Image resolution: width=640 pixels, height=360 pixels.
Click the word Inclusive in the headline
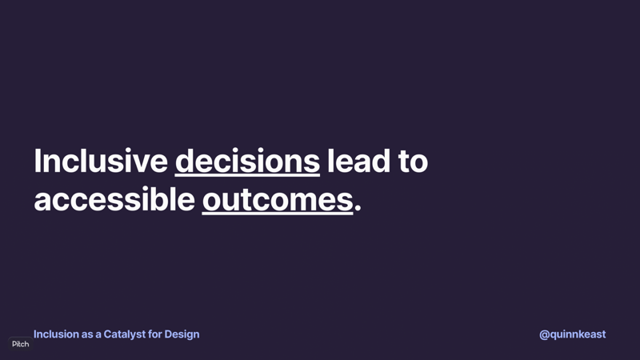pyautogui.click(x=101, y=161)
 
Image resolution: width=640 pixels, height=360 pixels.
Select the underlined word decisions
pyautogui.click(x=247, y=161)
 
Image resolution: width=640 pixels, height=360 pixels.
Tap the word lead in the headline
pyautogui.click(x=358, y=161)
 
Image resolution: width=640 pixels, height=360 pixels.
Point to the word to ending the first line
pyautogui.click(x=413, y=162)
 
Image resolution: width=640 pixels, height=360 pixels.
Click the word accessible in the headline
pyautogui.click(x=114, y=199)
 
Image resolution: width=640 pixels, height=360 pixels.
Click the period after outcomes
pyautogui.click(x=358, y=207)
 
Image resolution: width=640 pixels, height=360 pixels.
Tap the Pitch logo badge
pyautogui.click(x=21, y=344)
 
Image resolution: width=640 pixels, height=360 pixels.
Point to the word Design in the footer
pyautogui.click(x=182, y=334)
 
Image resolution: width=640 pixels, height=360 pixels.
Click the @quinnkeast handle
pyautogui.click(x=573, y=334)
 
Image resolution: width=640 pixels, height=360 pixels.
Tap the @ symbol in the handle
pyautogui.click(x=545, y=335)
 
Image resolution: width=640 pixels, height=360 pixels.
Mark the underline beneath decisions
pyautogui.click(x=247, y=175)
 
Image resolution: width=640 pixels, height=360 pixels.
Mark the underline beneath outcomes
pyautogui.click(x=278, y=214)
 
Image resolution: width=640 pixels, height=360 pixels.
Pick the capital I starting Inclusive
pyautogui.click(x=38, y=161)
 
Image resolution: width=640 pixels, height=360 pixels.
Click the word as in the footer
pyautogui.click(x=87, y=335)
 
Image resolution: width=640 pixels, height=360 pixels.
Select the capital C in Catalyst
pyautogui.click(x=108, y=334)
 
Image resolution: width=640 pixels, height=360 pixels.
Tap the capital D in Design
pyautogui.click(x=168, y=334)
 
